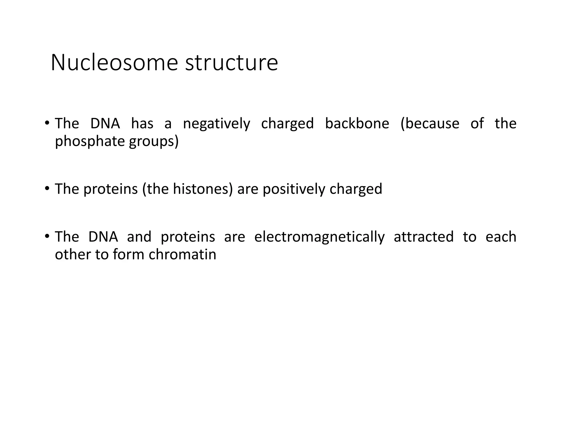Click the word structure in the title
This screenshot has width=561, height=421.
coord(231,63)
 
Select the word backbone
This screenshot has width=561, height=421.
coord(357,123)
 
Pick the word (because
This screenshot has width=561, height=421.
coord(430,123)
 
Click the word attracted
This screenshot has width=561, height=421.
coord(424,237)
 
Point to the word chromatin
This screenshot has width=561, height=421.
coord(182,254)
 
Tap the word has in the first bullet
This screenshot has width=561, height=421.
coord(142,123)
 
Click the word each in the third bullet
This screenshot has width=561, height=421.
coord(501,237)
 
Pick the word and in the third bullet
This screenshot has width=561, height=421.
coord(139,237)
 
